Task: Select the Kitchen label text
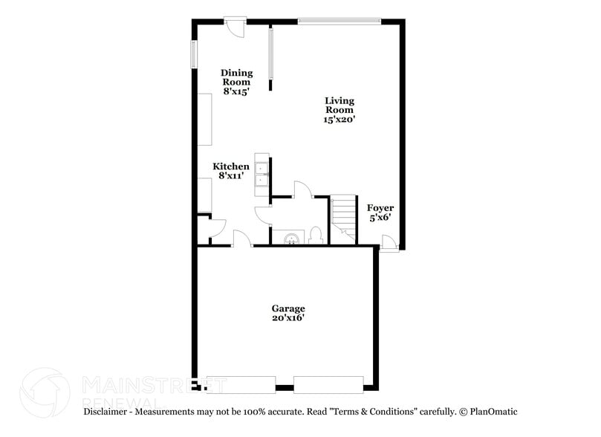pyautogui.click(x=231, y=166)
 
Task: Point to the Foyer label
pyautogui.click(x=381, y=208)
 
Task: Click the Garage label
pyautogui.click(x=288, y=308)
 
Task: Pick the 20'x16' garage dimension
pyautogui.click(x=288, y=318)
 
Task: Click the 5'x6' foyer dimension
pyautogui.click(x=381, y=218)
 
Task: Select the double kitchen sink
pyautogui.click(x=261, y=173)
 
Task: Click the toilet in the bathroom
pyautogui.click(x=314, y=236)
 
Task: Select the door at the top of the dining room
pyautogui.click(x=235, y=25)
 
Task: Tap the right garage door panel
pyautogui.click(x=328, y=384)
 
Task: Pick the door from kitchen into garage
pyautogui.click(x=241, y=239)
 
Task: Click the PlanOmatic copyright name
pyautogui.click(x=493, y=411)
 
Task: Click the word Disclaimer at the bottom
pyautogui.click(x=106, y=411)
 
